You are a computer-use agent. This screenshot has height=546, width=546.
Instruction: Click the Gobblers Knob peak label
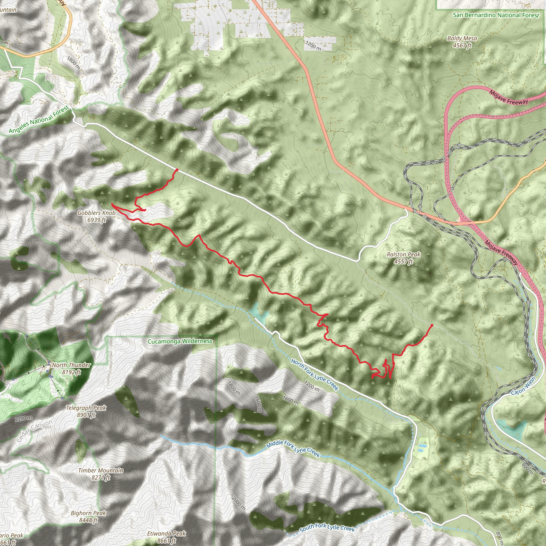click(x=96, y=216)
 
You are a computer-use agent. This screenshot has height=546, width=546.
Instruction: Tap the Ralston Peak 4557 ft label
click(x=404, y=258)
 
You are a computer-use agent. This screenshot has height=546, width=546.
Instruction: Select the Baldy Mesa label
click(x=462, y=42)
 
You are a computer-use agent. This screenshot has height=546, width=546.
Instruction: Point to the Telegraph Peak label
click(x=86, y=411)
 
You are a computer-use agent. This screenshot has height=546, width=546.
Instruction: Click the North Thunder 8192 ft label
click(x=71, y=368)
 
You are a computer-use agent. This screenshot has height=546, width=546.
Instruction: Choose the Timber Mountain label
click(x=101, y=474)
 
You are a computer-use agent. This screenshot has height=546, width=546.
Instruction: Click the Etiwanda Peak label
click(x=166, y=537)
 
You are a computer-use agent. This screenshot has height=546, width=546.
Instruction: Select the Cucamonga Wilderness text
click(x=180, y=342)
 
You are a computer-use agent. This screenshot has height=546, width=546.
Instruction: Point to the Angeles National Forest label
click(x=39, y=119)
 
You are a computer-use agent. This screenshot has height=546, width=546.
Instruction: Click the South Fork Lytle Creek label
click(x=327, y=527)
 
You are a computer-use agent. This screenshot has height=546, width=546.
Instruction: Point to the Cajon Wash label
click(x=523, y=386)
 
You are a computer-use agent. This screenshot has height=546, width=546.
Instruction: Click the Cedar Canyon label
click(x=34, y=431)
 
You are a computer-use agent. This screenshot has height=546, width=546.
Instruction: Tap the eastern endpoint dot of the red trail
click(x=432, y=326)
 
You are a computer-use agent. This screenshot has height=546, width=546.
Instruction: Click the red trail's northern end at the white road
click(x=177, y=170)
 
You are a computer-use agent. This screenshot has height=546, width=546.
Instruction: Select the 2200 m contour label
click(x=24, y=418)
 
